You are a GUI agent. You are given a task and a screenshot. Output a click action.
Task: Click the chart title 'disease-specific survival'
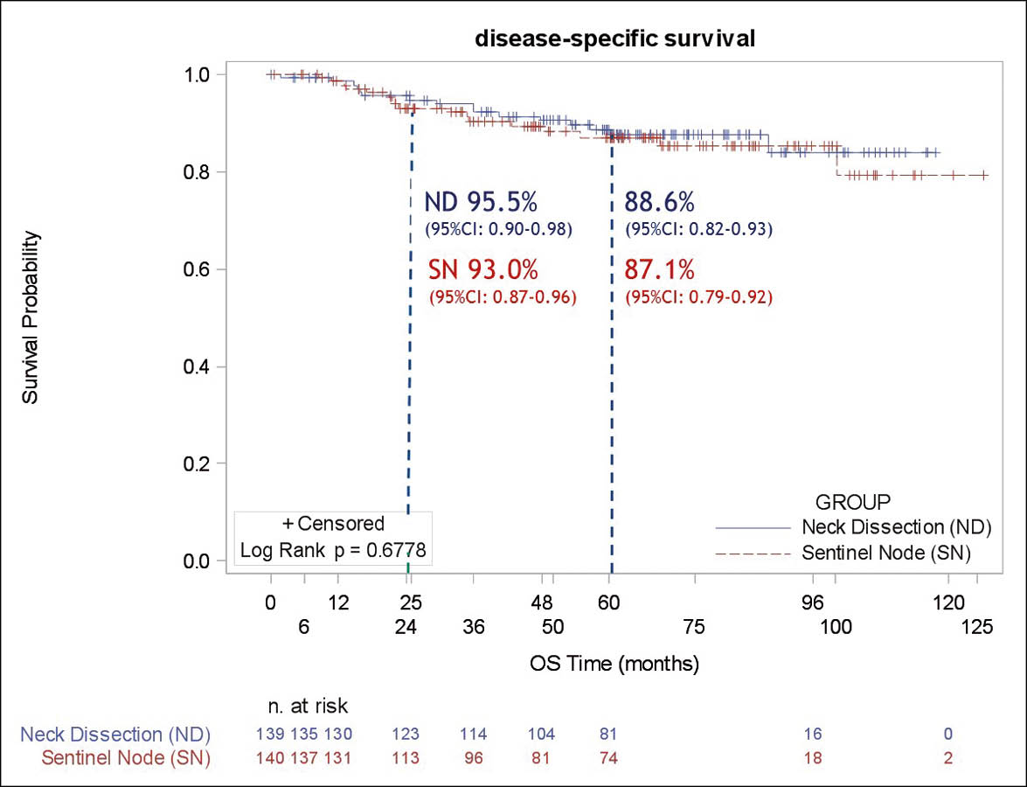[x=614, y=38]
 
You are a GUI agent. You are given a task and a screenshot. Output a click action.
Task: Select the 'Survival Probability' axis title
[x=31, y=317]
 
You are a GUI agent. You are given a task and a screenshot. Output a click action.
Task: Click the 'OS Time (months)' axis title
[x=614, y=664]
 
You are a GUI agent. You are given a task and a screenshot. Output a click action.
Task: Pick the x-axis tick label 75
[x=694, y=626]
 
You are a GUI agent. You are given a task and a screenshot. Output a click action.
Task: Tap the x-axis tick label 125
[x=977, y=626]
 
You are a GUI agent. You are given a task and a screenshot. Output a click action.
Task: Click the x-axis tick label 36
[x=474, y=626]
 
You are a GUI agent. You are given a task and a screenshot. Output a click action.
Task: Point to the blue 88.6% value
[x=659, y=203]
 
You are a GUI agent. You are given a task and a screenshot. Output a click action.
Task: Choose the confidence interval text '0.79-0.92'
[x=731, y=297]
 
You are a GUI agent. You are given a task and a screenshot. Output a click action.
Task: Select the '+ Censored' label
[x=333, y=524]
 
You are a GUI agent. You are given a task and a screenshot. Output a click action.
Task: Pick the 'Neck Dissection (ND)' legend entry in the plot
[x=885, y=527]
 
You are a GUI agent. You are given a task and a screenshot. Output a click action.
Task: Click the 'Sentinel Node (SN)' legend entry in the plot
[x=885, y=554]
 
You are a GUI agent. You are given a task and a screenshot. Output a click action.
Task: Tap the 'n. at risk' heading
[x=308, y=705]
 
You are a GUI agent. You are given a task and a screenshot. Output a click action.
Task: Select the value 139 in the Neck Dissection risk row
[x=269, y=734]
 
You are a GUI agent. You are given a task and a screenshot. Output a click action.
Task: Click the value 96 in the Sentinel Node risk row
[x=474, y=758]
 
